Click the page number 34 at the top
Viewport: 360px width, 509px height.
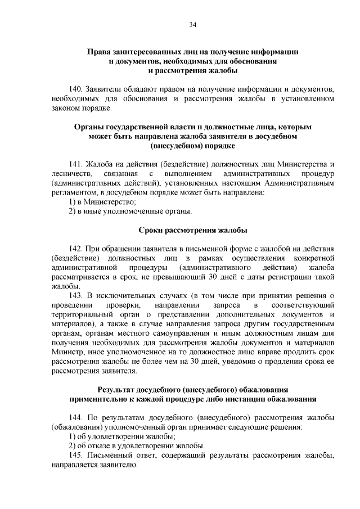pos(192,25)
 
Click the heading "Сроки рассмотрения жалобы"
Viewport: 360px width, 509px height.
pos(192,230)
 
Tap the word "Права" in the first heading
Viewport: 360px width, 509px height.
pos(99,52)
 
